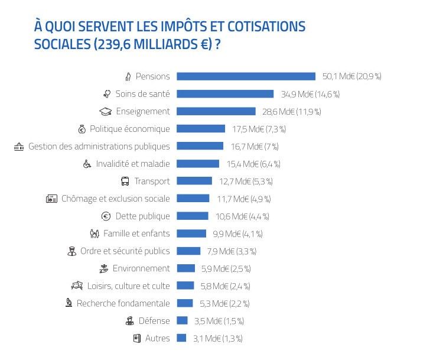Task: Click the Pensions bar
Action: click(246, 76)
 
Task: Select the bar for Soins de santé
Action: click(225, 94)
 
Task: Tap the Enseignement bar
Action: click(216, 111)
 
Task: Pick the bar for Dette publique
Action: click(193, 216)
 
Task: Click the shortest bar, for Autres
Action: click(182, 338)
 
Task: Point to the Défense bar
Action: click(183, 321)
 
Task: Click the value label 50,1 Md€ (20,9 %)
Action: click(351, 76)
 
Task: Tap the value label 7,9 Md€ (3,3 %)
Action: click(230, 251)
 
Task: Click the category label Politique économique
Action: click(130, 129)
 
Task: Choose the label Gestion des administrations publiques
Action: click(99, 146)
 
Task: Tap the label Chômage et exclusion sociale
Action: click(116, 199)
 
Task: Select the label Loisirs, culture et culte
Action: click(128, 286)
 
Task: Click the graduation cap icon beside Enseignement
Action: click(105, 111)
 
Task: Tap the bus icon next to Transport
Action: click(125, 181)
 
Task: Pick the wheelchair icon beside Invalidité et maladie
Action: click(87, 164)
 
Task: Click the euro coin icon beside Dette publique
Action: click(106, 216)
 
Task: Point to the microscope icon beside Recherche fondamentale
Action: click(69, 303)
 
